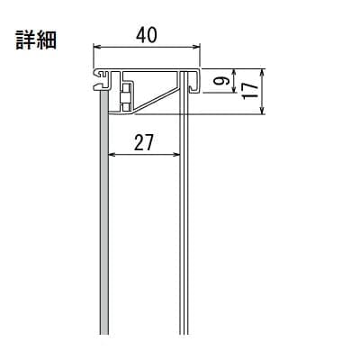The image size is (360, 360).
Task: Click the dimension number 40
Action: click(x=146, y=36)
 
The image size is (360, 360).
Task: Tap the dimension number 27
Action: click(x=144, y=142)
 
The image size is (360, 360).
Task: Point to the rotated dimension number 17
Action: click(x=250, y=91)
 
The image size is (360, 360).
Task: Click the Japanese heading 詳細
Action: click(x=36, y=40)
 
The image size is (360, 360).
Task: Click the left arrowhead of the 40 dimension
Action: click(x=96, y=47)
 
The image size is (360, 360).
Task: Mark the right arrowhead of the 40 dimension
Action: click(x=196, y=47)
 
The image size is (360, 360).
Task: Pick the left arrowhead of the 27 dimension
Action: click(x=112, y=155)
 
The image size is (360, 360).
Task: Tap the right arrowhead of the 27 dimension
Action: click(x=176, y=155)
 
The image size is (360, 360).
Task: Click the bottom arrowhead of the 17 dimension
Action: click(x=263, y=111)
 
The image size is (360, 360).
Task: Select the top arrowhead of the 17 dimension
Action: click(x=263, y=72)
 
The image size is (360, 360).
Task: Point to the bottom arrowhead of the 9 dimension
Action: click(x=235, y=89)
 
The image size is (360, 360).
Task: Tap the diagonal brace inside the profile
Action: click(x=156, y=100)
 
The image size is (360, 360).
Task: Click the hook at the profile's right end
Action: click(x=194, y=81)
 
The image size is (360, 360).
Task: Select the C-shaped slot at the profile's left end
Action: click(x=102, y=79)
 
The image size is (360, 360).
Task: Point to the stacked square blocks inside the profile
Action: click(x=125, y=97)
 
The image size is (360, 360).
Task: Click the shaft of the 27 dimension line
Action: click(x=144, y=155)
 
